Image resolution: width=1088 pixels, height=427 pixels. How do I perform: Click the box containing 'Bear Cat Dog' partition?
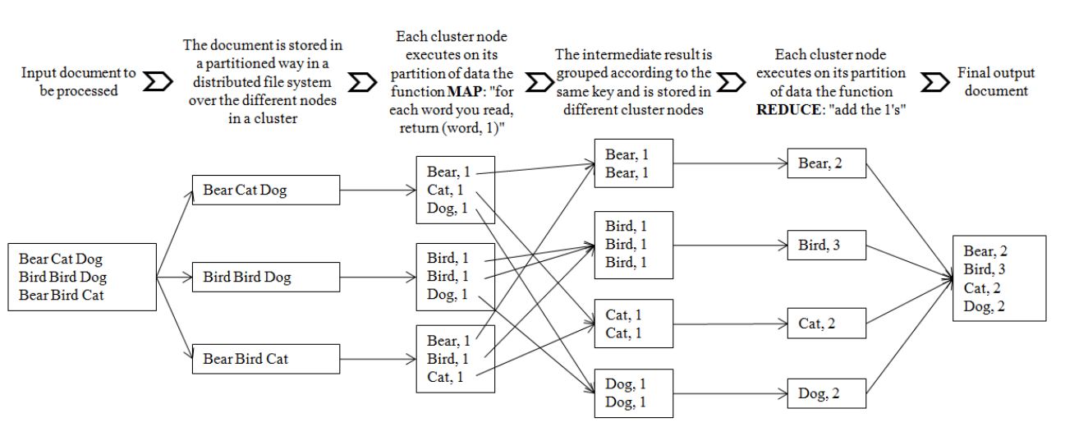click(265, 191)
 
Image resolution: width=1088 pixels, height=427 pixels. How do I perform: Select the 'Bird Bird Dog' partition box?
click(265, 277)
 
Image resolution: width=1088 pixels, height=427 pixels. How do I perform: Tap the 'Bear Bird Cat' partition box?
click(265, 359)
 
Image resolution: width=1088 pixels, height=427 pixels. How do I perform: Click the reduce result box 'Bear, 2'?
click(826, 163)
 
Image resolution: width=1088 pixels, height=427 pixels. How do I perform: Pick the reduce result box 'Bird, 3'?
click(826, 244)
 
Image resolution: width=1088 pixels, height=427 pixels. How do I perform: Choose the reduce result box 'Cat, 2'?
click(826, 324)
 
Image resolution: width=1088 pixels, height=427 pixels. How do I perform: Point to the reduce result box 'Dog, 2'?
click(826, 394)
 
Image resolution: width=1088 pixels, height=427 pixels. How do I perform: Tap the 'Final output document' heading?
click(995, 82)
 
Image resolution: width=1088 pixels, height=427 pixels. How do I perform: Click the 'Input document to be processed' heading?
click(79, 82)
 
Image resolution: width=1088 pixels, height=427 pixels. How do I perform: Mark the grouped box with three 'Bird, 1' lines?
click(633, 244)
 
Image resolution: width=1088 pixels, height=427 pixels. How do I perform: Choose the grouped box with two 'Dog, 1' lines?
click(633, 393)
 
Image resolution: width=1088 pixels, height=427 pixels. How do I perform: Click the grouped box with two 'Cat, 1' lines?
click(633, 324)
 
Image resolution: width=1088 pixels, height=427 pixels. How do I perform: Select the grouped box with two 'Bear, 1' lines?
click(633, 163)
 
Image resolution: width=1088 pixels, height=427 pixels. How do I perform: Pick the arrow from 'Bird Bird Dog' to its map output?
click(378, 278)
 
